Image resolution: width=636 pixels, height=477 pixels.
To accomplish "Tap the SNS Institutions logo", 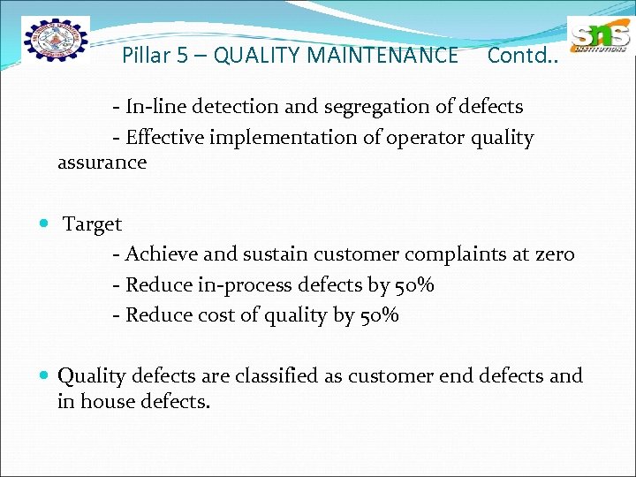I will pos(599,38).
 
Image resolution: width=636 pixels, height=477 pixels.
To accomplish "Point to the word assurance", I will pos(102,163).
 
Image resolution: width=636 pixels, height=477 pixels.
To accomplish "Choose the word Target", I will pos(92,225).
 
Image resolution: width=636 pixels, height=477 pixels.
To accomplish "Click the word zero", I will pos(555,254).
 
